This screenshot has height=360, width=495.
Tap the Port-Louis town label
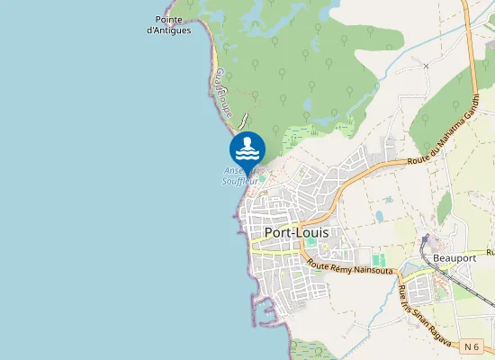click(296, 231)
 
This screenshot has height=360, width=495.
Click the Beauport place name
click(453, 256)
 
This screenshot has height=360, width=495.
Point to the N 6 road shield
click(472, 346)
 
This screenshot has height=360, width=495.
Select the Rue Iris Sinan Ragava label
click(415, 305)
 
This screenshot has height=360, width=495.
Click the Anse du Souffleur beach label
click(240, 175)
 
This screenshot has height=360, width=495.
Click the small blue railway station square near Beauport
click(427, 240)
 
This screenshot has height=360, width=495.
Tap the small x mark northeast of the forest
click(426, 66)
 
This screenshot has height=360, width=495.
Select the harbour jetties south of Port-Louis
click(266, 311)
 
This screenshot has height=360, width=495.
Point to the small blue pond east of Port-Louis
click(380, 216)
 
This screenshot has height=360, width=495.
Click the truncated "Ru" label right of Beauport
click(490, 252)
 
